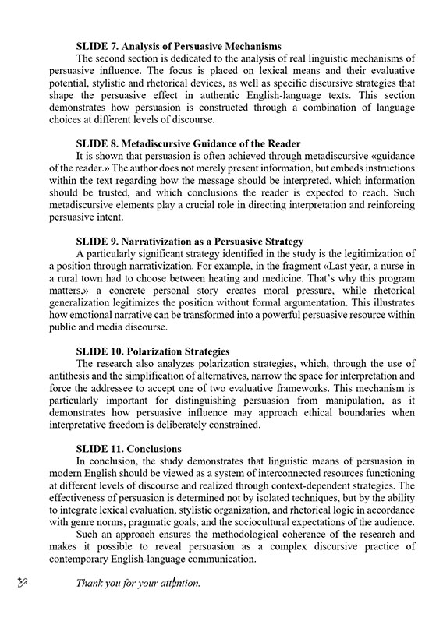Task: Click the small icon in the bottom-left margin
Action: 23,581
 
